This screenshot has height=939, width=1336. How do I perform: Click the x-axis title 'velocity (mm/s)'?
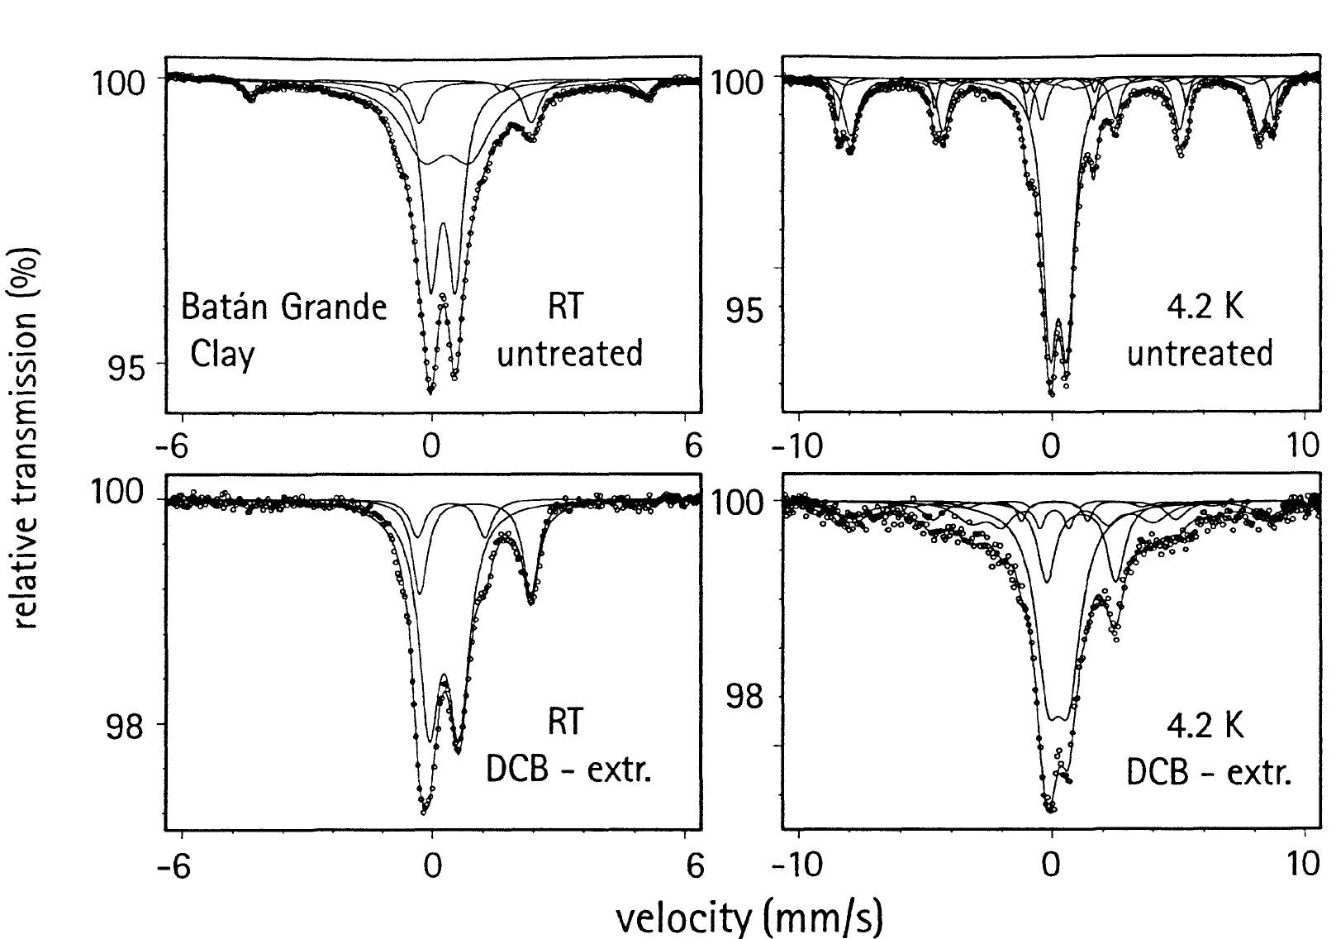click(749, 917)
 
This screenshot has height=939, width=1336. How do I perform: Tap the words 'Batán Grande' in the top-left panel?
click(283, 307)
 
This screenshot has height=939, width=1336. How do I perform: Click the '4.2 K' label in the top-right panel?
click(1204, 307)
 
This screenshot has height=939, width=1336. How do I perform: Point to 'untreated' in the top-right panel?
click(1200, 354)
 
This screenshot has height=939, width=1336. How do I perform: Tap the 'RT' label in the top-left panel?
click(565, 307)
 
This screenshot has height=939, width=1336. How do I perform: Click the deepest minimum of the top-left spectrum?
click(430, 390)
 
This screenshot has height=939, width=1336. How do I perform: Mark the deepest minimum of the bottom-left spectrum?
click(424, 812)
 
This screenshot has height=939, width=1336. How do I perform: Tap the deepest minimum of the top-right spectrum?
click(1052, 393)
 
